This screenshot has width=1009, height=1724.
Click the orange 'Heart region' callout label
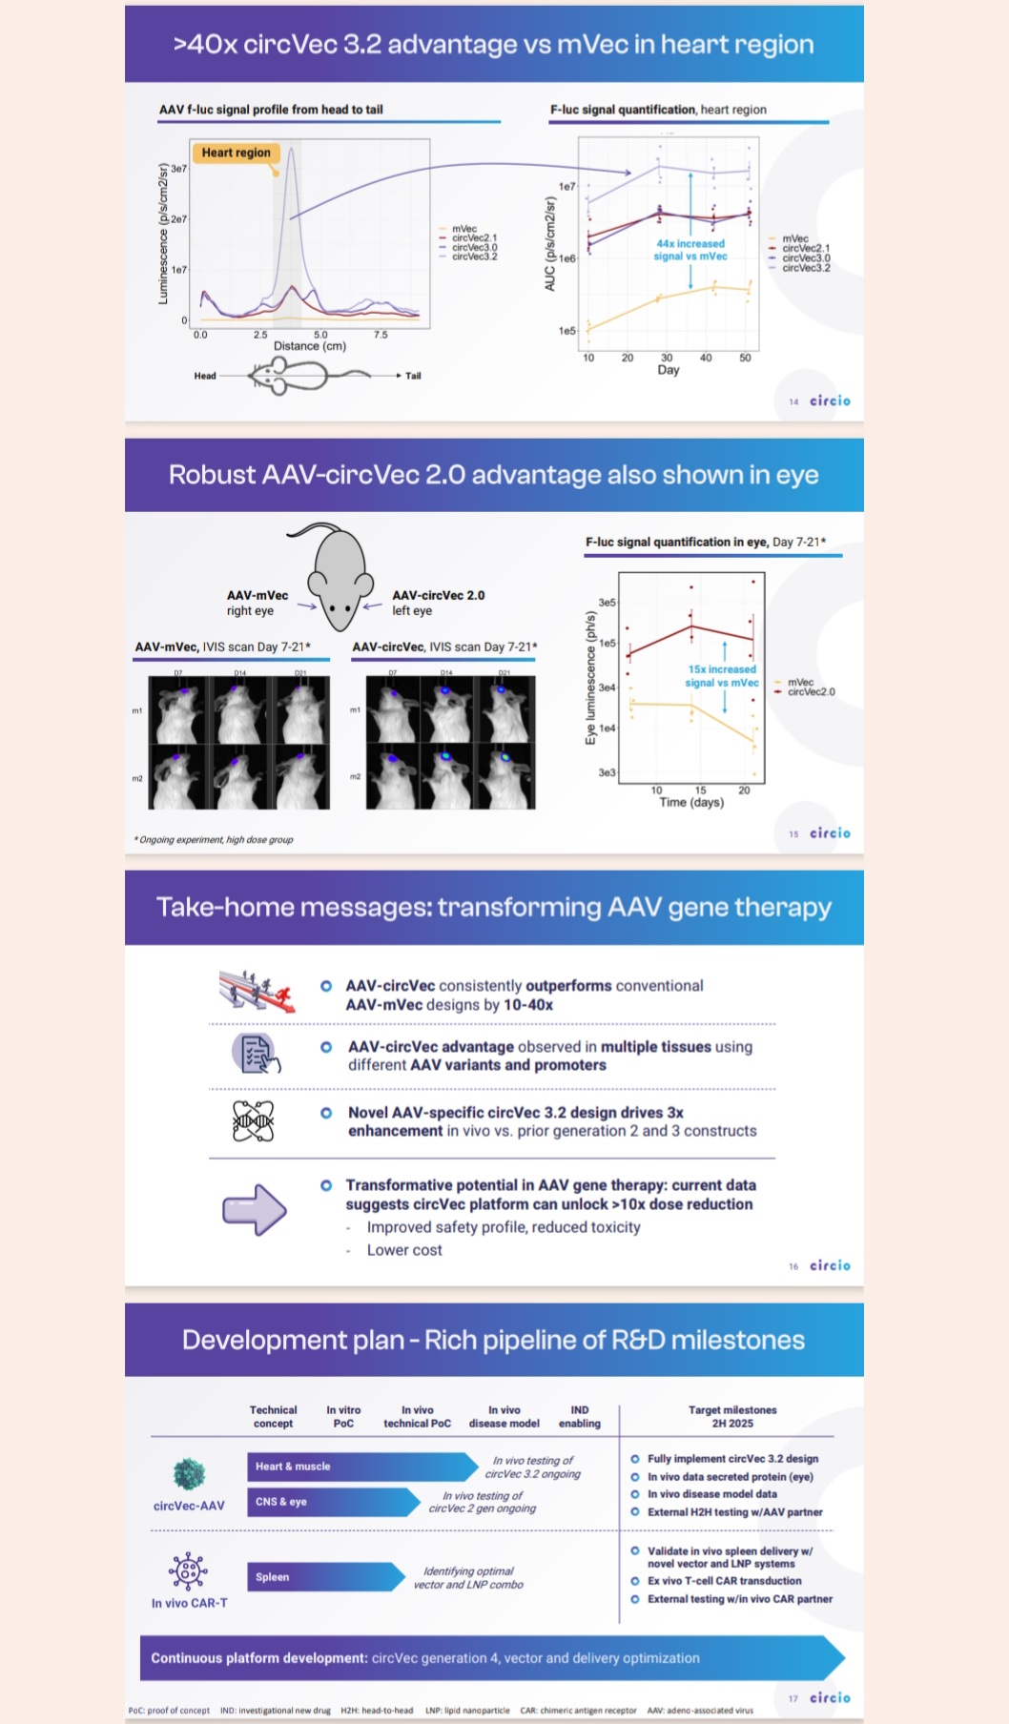point(236,153)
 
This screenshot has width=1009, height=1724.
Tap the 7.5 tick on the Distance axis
point(381,335)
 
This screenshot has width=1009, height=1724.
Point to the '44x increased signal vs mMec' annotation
point(690,250)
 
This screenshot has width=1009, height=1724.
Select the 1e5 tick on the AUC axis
point(566,331)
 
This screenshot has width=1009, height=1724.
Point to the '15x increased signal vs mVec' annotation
point(722,675)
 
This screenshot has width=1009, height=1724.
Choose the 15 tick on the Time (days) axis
point(700,790)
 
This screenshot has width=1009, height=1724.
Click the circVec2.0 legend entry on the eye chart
point(811,692)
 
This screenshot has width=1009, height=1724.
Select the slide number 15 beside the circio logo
point(793,834)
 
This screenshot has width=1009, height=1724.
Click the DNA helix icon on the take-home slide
point(254,1120)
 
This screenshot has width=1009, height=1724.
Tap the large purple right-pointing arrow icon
point(255,1210)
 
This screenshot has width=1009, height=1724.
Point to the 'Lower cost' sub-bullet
point(404,1250)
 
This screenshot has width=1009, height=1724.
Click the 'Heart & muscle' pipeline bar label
point(293,1467)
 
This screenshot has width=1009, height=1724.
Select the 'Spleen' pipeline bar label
point(272,1577)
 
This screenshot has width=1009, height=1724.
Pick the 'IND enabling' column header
point(580,1416)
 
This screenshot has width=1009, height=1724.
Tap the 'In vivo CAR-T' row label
point(189,1603)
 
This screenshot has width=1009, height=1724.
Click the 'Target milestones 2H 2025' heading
point(732,1416)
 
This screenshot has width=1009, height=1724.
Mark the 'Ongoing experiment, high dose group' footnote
point(215,840)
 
